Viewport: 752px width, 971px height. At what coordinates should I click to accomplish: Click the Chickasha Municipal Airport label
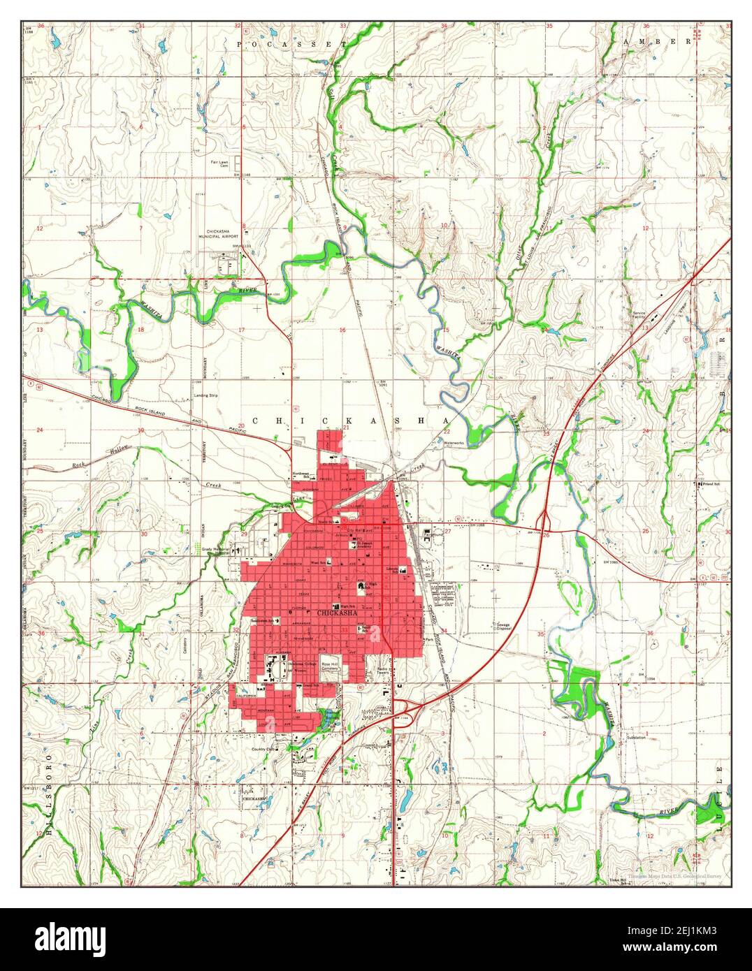tap(222, 234)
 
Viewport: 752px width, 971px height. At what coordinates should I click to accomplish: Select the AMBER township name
tap(656, 42)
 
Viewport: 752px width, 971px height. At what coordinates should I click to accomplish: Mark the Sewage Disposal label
tap(503, 626)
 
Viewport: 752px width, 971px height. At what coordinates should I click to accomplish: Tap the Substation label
tap(636, 738)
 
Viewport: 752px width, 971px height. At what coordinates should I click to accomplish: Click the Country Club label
tap(266, 749)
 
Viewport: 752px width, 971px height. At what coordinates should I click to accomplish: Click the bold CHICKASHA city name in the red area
tap(337, 613)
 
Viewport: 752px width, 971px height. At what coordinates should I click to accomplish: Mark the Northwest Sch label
tap(301, 475)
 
